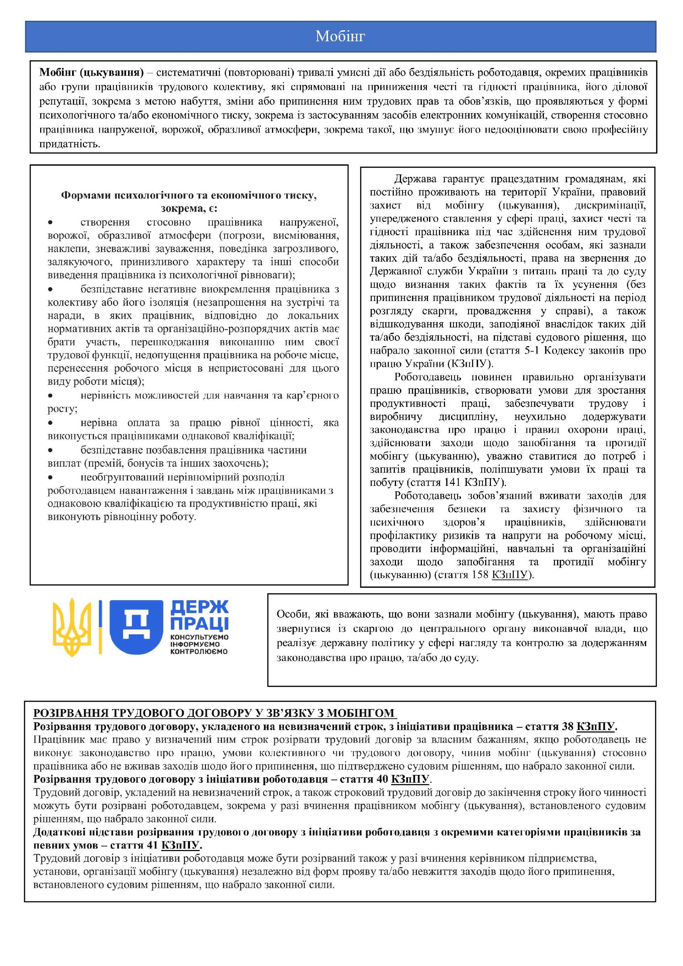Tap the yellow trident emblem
[x=72, y=627]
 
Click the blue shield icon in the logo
[x=136, y=627]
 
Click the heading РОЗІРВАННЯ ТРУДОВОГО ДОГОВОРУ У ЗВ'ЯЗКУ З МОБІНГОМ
[x=214, y=713]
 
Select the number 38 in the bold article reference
[x=567, y=726]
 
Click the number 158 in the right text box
[x=480, y=575]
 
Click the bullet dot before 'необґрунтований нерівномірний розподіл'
[x=51, y=477]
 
